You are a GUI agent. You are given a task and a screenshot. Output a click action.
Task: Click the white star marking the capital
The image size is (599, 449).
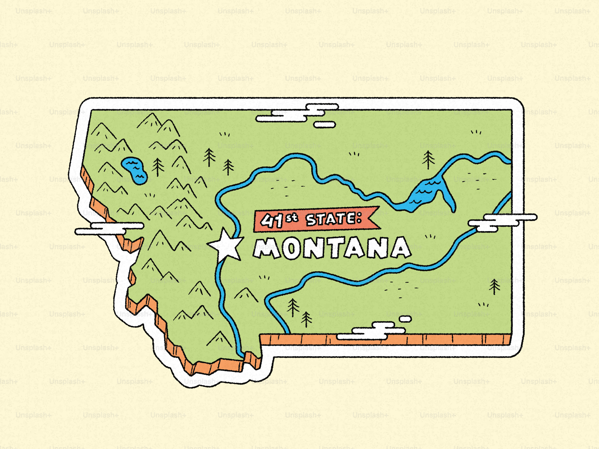click(x=226, y=246)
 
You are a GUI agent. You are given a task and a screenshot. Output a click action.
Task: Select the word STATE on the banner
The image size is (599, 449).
click(x=330, y=219)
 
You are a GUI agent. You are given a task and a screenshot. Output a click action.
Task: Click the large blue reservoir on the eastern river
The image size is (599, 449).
click(x=428, y=193)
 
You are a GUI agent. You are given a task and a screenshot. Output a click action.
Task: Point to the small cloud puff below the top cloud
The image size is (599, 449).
click(x=325, y=125)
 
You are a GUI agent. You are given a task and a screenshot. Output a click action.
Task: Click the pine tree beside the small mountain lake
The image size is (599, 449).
click(x=158, y=167)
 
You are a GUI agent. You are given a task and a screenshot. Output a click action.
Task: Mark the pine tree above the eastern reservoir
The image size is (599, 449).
click(x=429, y=160)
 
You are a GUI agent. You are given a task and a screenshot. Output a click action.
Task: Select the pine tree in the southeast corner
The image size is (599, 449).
click(x=494, y=286)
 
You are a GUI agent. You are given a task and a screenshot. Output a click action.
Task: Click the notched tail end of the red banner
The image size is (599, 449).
click(x=374, y=217)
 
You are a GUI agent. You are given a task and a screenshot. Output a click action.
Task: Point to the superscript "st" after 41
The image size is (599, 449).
click(x=292, y=218)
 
